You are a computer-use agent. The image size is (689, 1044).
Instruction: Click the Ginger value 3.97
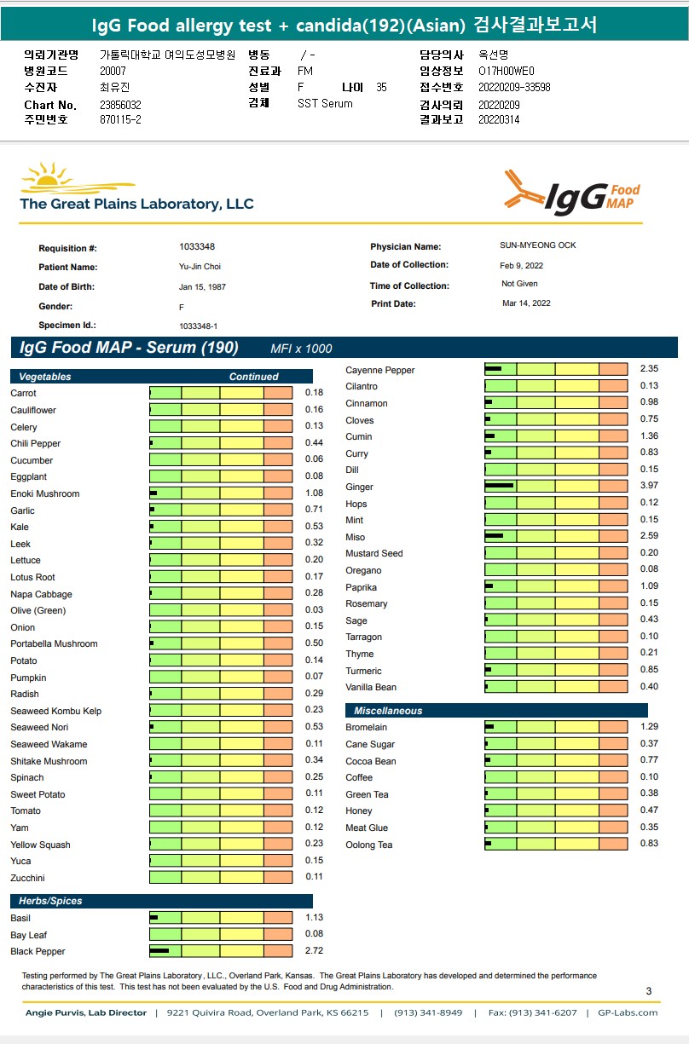pyautogui.click(x=649, y=486)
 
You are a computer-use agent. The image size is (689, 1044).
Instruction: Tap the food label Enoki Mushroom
pyautogui.click(x=45, y=493)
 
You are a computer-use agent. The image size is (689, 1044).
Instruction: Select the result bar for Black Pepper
pyautogui.click(x=221, y=950)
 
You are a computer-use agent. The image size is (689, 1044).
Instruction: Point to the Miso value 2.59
pyautogui.click(x=649, y=536)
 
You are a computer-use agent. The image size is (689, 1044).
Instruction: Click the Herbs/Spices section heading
pyautogui.click(x=50, y=901)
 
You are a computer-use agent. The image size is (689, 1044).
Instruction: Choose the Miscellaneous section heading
pyautogui.click(x=388, y=711)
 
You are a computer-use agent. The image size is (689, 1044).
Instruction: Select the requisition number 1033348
pyautogui.click(x=197, y=246)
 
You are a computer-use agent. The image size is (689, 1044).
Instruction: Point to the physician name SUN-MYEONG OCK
pyautogui.click(x=538, y=245)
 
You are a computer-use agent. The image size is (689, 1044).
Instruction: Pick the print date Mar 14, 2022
pyautogui.click(x=526, y=303)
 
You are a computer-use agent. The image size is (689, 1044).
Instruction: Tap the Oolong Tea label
pyautogui.click(x=369, y=845)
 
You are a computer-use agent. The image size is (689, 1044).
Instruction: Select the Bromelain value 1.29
pyautogui.click(x=649, y=726)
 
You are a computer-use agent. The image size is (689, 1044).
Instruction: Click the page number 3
pyautogui.click(x=649, y=990)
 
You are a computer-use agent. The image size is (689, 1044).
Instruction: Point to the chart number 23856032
pyautogui.click(x=120, y=105)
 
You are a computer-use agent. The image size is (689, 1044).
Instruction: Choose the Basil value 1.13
pyautogui.click(x=314, y=917)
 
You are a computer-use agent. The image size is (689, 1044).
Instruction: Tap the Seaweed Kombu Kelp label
pyautogui.click(x=56, y=711)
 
